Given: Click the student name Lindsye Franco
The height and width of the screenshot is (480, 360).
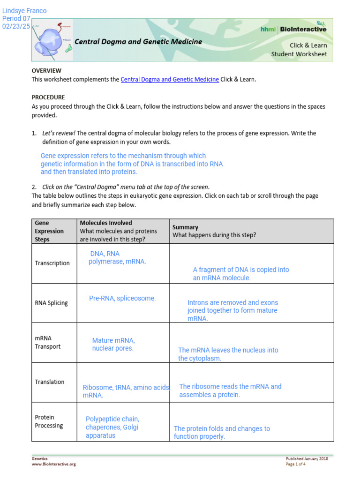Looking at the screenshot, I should pyautogui.click(x=24, y=11).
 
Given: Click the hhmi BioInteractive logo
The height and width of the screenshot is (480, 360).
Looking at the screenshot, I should pyautogui.click(x=293, y=29).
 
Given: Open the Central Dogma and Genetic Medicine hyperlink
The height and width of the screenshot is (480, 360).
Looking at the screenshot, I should pyautogui.click(x=170, y=79).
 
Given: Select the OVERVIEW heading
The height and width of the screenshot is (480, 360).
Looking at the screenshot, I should pyautogui.click(x=46, y=70).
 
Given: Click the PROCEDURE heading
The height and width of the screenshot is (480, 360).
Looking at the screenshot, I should pyautogui.click(x=48, y=97).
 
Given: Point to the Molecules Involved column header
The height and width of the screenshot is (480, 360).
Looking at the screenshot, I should pyautogui.click(x=106, y=223).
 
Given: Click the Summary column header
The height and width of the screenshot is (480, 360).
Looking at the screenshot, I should pyautogui.click(x=185, y=227).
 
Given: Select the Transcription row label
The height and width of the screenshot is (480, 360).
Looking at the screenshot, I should pyautogui.click(x=52, y=263).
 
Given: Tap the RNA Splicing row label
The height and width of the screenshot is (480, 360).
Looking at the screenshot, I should pyautogui.click(x=51, y=303).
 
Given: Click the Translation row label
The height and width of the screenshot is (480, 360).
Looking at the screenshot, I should pyautogui.click(x=50, y=382).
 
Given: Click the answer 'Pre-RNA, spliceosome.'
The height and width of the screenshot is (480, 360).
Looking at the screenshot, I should pyautogui.click(x=122, y=298).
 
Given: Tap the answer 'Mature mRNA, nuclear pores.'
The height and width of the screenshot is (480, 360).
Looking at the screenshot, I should pyautogui.click(x=113, y=345).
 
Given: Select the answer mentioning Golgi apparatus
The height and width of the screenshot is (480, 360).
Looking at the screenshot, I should pyautogui.click(x=112, y=427).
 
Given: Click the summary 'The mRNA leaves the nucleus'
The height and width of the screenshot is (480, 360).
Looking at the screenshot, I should pyautogui.click(x=228, y=354).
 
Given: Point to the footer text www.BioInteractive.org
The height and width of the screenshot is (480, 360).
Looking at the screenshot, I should pyautogui.click(x=53, y=464).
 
